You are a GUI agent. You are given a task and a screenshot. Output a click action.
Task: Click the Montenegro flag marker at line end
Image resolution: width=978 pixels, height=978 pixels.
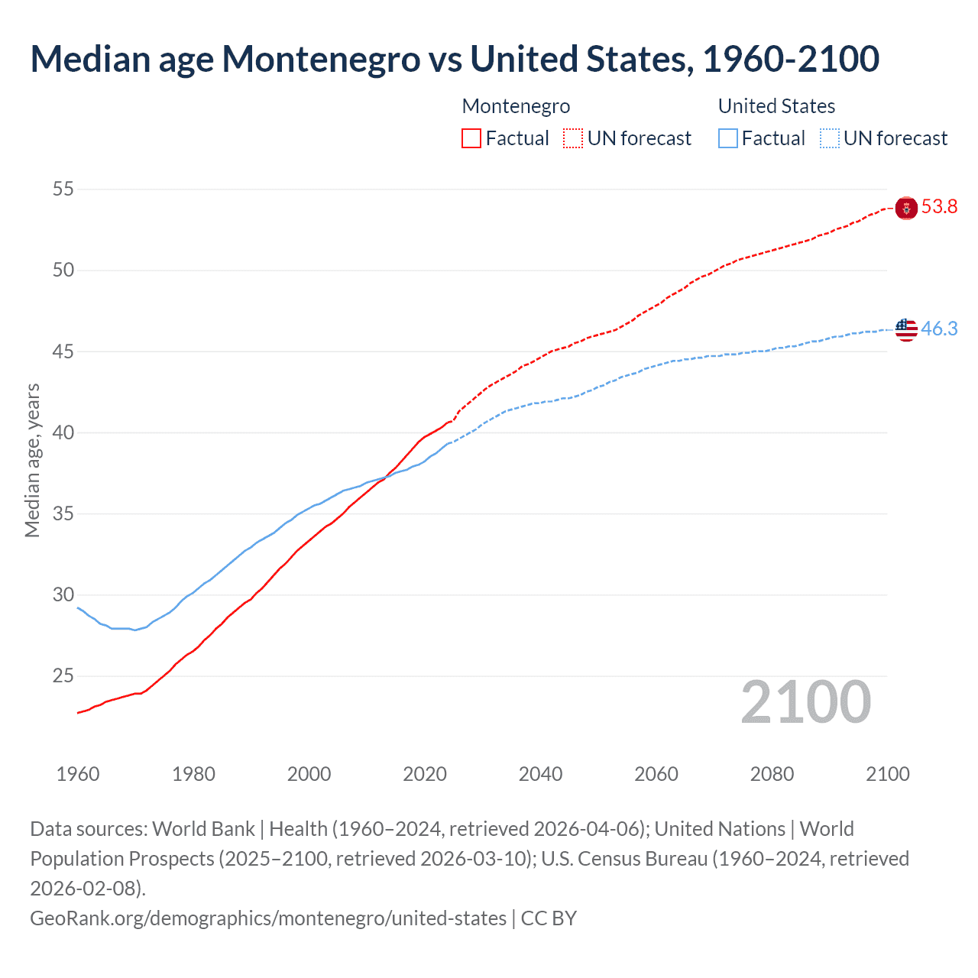(x=906, y=208)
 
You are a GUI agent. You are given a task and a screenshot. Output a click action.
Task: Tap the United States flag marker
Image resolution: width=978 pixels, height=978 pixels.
(x=906, y=329)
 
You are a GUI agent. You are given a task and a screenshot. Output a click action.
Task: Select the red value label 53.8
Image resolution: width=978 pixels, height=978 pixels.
(x=939, y=207)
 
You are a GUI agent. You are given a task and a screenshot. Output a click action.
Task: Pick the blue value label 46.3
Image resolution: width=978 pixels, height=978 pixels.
(x=939, y=329)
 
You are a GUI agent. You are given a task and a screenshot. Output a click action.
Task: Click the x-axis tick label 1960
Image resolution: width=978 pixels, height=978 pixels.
(x=78, y=774)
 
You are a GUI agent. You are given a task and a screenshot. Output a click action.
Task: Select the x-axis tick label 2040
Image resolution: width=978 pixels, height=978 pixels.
(x=540, y=774)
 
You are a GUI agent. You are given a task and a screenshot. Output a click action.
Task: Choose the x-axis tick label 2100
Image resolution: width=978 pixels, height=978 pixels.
(x=887, y=774)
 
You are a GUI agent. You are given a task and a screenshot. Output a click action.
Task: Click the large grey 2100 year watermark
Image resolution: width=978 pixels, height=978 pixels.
(x=805, y=702)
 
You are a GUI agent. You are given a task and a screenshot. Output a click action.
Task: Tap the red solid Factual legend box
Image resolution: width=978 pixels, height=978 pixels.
(x=471, y=138)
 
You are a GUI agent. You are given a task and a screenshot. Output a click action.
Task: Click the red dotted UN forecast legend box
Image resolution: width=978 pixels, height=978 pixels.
(x=573, y=138)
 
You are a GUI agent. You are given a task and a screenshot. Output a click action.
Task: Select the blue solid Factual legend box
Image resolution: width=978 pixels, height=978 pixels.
(x=728, y=138)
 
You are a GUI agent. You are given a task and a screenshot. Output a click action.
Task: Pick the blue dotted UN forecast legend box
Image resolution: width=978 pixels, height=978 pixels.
(x=830, y=138)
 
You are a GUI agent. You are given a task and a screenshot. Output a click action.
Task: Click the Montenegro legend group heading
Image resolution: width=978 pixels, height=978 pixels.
(x=516, y=106)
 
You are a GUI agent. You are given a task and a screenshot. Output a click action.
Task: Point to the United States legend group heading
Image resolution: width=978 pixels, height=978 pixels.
(x=776, y=106)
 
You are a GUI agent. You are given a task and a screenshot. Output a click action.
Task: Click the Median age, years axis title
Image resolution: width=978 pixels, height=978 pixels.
(x=32, y=461)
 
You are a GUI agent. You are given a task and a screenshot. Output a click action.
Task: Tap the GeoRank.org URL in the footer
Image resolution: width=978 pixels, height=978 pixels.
(x=268, y=918)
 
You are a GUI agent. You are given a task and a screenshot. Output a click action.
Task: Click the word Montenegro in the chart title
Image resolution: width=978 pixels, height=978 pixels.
(x=321, y=59)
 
